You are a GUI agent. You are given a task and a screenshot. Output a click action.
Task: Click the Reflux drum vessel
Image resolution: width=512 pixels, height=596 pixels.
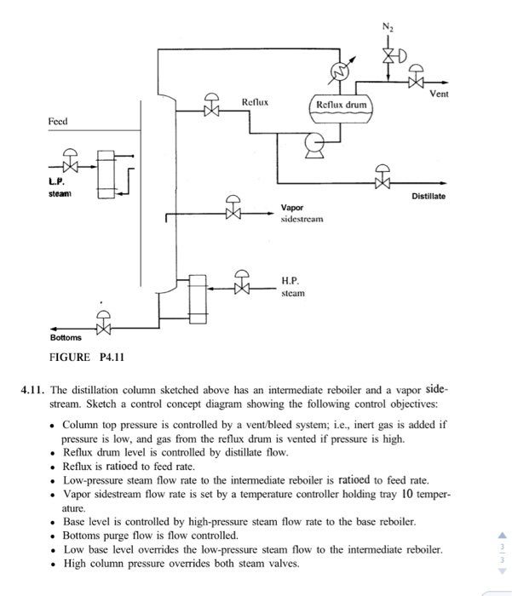pos(341,106)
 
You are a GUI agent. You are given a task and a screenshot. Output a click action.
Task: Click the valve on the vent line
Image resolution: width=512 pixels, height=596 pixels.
pos(417,83)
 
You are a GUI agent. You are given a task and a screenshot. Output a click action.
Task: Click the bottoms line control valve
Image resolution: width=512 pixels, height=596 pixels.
pos(104,327)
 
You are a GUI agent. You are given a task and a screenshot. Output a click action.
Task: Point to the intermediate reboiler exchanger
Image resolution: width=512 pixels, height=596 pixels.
pos(106,174)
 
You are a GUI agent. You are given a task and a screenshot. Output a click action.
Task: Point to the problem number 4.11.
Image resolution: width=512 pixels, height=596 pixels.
pos(33,390)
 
